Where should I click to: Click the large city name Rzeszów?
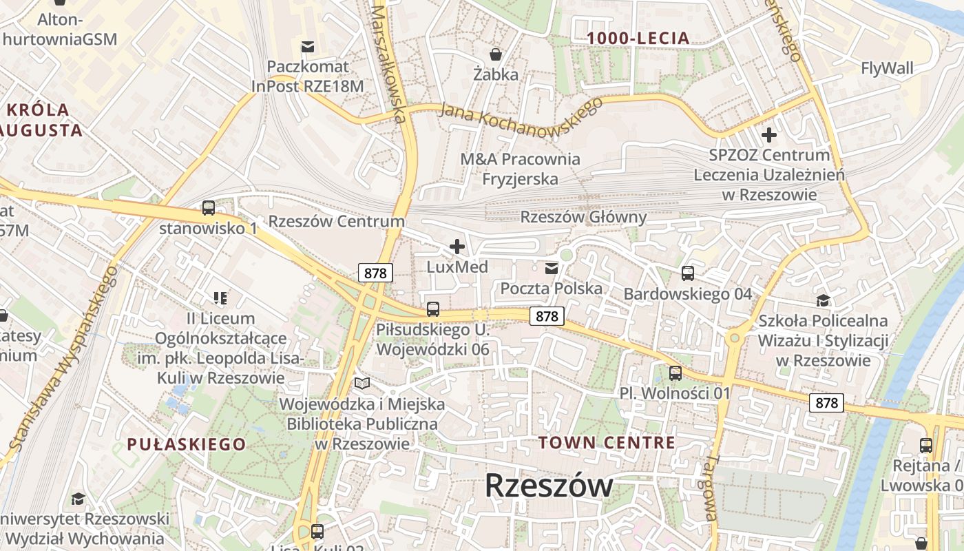549,486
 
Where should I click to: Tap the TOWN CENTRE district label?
607,442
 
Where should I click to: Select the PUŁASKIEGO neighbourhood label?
186,444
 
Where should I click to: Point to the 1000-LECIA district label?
638,39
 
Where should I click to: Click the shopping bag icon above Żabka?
495,53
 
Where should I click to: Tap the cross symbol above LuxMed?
457,246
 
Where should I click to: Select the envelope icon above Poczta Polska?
551,268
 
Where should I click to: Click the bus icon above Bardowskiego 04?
687,273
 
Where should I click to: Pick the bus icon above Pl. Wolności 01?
675,373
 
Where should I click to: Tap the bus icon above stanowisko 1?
208,207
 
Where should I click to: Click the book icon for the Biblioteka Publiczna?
362,383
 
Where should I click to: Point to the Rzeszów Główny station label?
583,218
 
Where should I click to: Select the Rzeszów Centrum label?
336,221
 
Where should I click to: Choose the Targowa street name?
711,488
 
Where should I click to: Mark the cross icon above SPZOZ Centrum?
768,134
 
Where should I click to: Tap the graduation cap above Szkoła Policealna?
822,300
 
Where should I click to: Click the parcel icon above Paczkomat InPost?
308,47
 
